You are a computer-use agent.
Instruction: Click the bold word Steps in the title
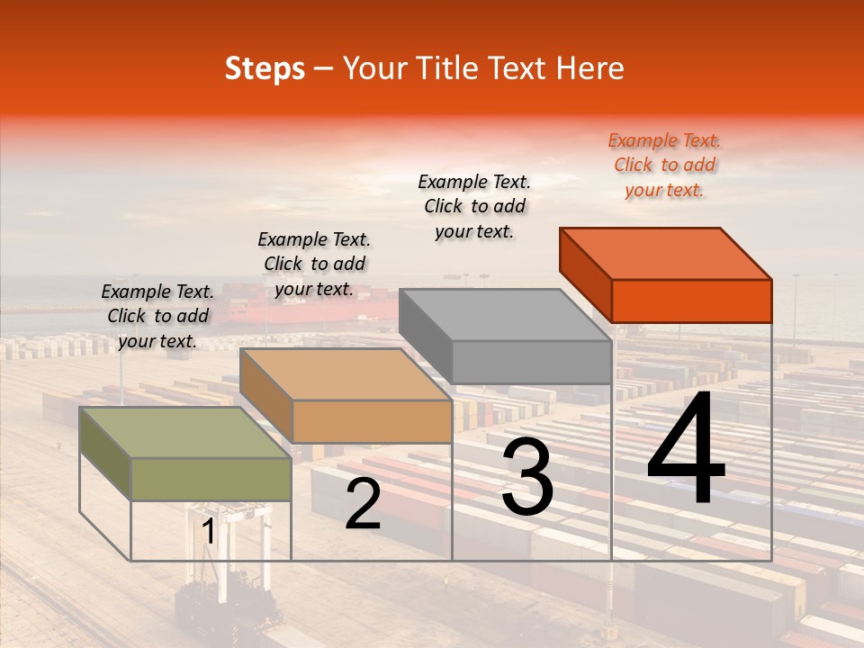265,68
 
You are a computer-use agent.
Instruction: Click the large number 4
686,450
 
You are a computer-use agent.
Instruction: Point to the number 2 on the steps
363,504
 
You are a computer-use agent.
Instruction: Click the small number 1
209,532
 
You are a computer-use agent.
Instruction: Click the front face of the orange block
691,301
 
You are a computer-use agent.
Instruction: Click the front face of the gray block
531,363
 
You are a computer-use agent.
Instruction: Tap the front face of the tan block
372,421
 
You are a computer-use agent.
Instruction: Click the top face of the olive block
185,433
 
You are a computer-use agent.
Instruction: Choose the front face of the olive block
211,479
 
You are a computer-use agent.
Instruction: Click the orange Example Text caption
664,165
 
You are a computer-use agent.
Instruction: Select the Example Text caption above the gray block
474,206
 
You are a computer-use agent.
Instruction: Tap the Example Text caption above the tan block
314,264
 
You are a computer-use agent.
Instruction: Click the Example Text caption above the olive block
157,316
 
